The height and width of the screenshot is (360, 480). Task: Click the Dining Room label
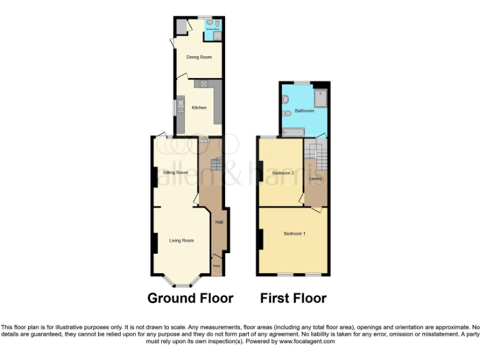coord(199,57)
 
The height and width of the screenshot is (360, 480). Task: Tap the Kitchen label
coord(199,107)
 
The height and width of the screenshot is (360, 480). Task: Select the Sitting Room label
coord(175,172)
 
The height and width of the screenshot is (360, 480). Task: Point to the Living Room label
coord(181,240)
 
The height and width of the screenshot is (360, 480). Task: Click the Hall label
coord(219,222)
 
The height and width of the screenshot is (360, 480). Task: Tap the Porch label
coord(216,266)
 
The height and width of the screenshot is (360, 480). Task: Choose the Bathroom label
coord(304,111)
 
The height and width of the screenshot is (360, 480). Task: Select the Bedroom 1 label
coord(294,234)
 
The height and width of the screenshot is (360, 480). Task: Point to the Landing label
coord(316,179)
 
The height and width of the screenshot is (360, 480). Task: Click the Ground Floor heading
coord(190,298)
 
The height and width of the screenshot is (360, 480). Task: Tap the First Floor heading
coord(293,298)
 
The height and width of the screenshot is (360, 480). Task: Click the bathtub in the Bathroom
coord(294,132)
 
